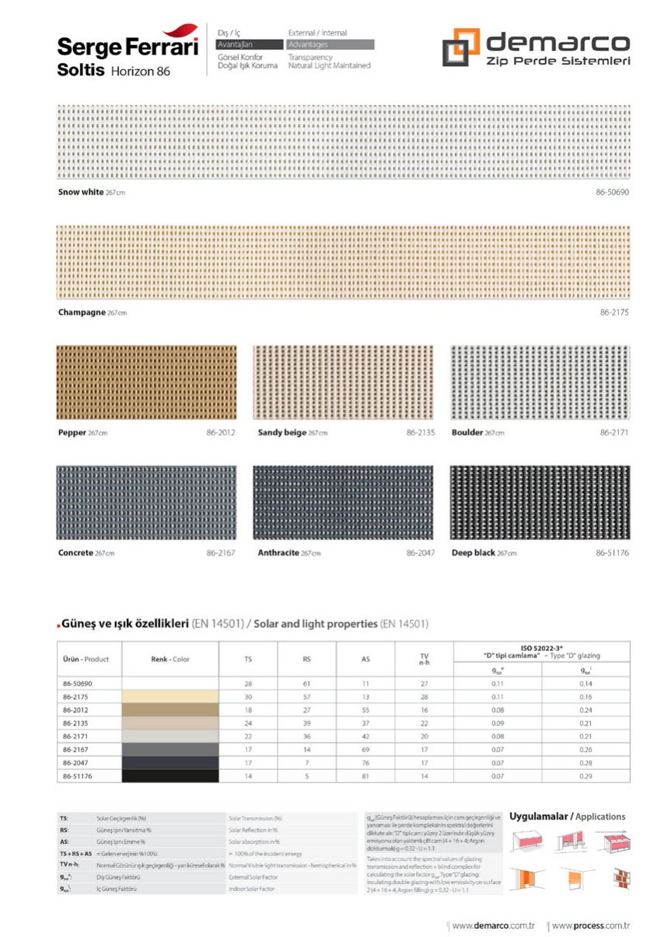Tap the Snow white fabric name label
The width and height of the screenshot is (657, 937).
82,191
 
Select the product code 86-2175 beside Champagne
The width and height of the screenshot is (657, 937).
614,312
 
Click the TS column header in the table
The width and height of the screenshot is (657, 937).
247,659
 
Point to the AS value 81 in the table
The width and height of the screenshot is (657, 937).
365,775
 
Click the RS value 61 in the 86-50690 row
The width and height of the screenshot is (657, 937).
307,683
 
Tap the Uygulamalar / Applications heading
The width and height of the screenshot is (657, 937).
568,817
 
